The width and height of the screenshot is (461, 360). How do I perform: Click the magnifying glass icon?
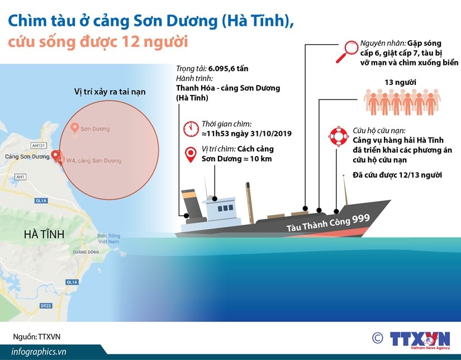pos(347,51)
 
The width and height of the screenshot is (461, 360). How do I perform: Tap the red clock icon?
pos(191,129)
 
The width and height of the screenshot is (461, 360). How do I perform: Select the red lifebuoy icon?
pos(339,136)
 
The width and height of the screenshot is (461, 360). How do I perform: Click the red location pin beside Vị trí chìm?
pos(191,155)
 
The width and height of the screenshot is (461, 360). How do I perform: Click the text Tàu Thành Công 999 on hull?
pos(328,222)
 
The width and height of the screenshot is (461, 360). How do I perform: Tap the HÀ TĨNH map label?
pos(44,234)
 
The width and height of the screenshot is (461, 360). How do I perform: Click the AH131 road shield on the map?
pos(39,145)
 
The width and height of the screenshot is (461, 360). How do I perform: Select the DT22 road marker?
pos(46,306)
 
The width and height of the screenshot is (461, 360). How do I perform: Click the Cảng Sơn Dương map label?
pos(27,157)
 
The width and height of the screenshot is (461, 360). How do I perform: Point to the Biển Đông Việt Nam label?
pos(108,239)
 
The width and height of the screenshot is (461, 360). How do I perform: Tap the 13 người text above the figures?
pos(400,82)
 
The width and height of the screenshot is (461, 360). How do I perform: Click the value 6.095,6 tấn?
pos(228,69)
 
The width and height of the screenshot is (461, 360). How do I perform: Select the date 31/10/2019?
pos(271,134)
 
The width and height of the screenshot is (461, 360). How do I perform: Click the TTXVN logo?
pos(420,340)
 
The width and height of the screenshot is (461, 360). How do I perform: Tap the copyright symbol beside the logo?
pos(378,338)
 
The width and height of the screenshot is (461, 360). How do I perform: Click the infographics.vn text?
pos(39,352)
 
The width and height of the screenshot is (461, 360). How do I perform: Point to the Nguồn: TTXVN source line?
pos(36,337)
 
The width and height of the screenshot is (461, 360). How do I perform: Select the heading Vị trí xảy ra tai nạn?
pos(110,92)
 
